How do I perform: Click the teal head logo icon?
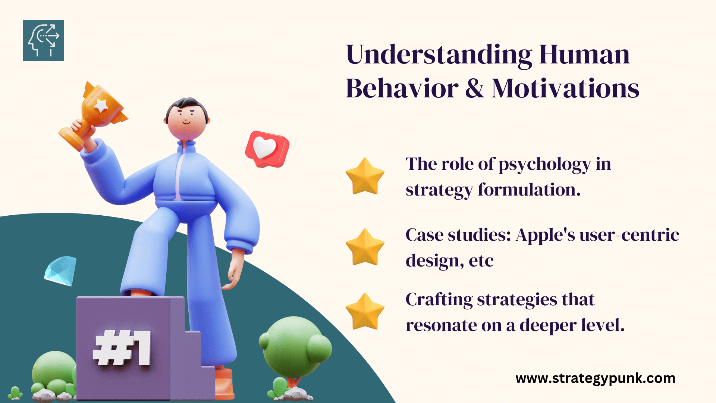43,40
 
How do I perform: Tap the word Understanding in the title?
439,55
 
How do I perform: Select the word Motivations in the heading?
565,89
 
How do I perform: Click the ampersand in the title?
475,89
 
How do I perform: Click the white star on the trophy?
101,105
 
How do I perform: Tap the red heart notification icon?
267,149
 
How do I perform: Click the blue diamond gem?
60,271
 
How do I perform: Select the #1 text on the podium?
122,348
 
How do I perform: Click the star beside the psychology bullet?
365,176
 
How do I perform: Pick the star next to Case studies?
365,247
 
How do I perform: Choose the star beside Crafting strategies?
365,311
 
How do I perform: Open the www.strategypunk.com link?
596,378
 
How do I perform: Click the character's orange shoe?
224,383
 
